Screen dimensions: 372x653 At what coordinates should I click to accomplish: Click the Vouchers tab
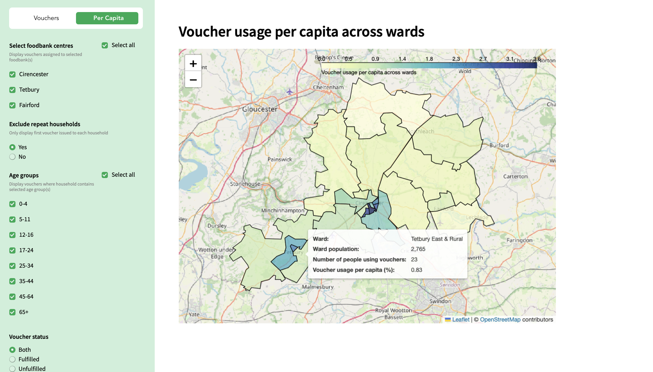click(x=46, y=18)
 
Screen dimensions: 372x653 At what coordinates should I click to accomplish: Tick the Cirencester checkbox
click(x=12, y=74)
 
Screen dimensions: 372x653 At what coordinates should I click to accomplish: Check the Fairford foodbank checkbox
click(x=12, y=105)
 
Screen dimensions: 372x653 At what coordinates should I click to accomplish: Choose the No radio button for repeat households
click(x=12, y=157)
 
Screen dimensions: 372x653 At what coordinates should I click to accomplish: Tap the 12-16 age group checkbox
click(x=12, y=235)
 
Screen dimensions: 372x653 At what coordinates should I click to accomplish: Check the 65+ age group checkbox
click(x=12, y=312)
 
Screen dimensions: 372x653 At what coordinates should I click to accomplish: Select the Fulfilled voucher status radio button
click(x=12, y=359)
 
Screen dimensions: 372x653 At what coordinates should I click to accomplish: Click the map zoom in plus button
click(x=193, y=64)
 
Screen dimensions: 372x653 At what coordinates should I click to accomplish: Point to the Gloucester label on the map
click(x=260, y=109)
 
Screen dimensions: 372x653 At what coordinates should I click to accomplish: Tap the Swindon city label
click(x=440, y=301)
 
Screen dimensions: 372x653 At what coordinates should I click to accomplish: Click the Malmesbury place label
click(x=318, y=287)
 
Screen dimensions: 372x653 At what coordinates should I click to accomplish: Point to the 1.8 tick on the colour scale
click(x=429, y=59)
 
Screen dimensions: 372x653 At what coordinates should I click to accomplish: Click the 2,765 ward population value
click(x=418, y=249)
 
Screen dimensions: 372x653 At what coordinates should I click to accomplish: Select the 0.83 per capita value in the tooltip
click(x=417, y=270)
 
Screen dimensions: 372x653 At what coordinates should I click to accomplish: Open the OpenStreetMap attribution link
click(x=500, y=320)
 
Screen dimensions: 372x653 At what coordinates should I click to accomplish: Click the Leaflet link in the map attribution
click(x=461, y=320)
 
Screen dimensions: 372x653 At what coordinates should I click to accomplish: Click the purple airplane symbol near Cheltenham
click(x=289, y=91)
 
